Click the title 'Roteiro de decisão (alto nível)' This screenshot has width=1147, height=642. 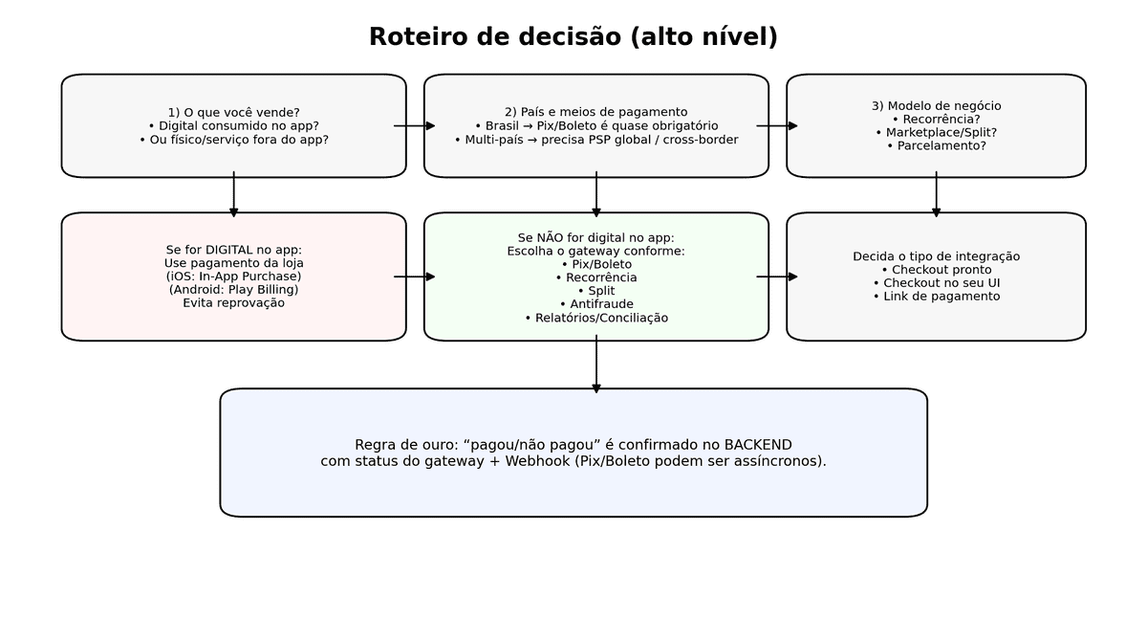pyautogui.click(x=573, y=37)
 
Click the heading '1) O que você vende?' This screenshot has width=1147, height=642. pyautogui.click(x=233, y=112)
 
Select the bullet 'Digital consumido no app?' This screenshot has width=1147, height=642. pyautogui.click(x=233, y=125)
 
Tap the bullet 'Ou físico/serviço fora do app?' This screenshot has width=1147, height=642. pyautogui.click(x=233, y=140)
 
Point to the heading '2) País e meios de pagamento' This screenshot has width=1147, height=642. pyautogui.click(x=595, y=112)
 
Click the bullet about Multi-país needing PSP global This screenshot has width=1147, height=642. pyautogui.click(x=595, y=140)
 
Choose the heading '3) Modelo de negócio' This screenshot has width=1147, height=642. pyautogui.click(x=936, y=106)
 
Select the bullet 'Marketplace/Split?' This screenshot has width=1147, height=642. pyautogui.click(x=936, y=132)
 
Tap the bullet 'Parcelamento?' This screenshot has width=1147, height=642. pyautogui.click(x=936, y=146)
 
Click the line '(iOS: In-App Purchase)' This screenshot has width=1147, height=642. pyautogui.click(x=233, y=277)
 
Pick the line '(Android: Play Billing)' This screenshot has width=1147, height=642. pyautogui.click(x=233, y=290)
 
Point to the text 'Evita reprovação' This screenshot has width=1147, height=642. pyautogui.click(x=233, y=303)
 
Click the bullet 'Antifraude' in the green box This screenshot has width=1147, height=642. pyautogui.click(x=595, y=304)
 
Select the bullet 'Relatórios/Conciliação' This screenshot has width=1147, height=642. pyautogui.click(x=595, y=318)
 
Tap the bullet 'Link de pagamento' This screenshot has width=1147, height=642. pyautogui.click(x=936, y=297)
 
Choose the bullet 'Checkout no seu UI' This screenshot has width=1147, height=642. pyautogui.click(x=936, y=283)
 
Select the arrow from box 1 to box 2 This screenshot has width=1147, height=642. pyautogui.click(x=415, y=125)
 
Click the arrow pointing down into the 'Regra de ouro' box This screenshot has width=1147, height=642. pyautogui.click(x=595, y=365)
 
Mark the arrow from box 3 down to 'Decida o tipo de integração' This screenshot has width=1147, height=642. pyautogui.click(x=936, y=194)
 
